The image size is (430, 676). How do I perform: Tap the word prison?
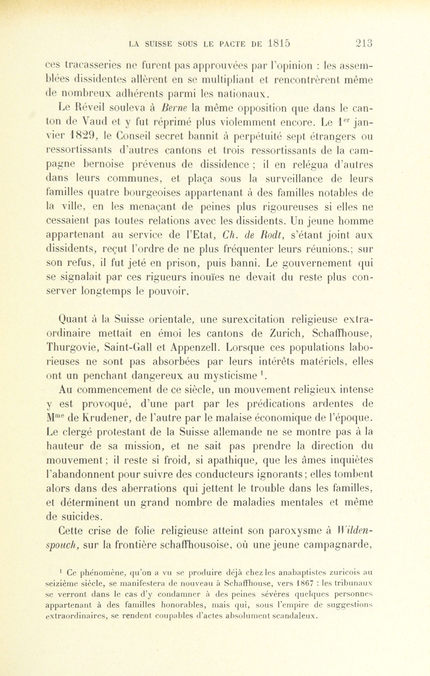point(182,263)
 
